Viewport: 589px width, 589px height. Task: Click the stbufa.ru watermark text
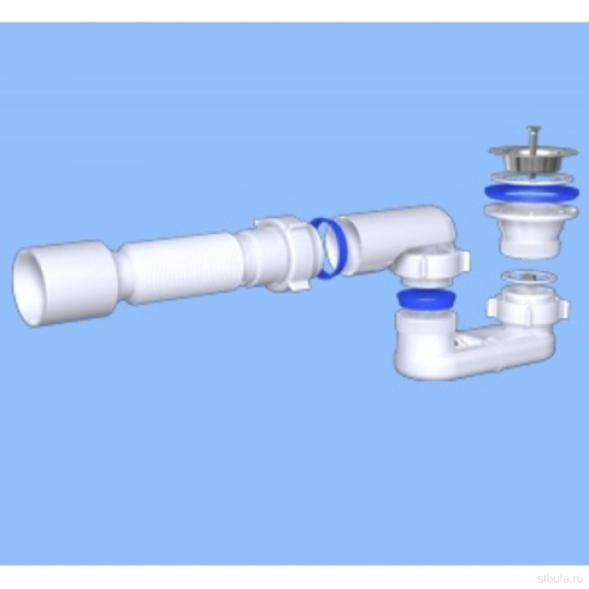pos(563,578)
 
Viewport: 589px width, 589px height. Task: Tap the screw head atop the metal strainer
pos(533,130)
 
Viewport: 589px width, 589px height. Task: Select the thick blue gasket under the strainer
pos(531,194)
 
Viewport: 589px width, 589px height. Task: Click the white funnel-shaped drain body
pos(531,230)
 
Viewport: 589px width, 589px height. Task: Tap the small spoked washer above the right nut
pos(529,278)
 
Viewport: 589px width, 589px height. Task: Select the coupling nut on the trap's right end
pos(528,306)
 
